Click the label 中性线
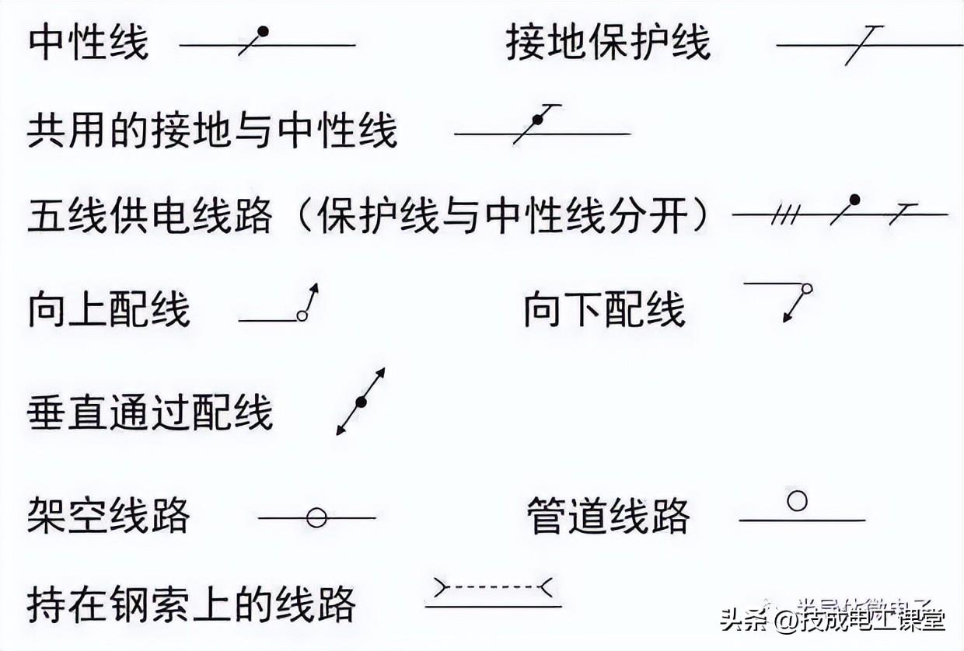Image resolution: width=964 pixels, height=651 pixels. point(87,43)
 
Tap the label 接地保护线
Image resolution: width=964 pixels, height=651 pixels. point(608,43)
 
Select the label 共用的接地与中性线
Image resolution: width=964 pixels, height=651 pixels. point(212,130)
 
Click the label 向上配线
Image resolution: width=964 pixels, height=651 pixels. point(109,308)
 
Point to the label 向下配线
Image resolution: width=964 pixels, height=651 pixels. point(604,308)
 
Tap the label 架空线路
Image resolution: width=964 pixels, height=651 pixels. point(109,514)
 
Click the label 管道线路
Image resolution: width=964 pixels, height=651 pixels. point(608,514)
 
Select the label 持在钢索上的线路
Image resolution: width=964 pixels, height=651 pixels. point(191,604)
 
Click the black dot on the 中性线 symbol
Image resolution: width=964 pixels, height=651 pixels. point(264,32)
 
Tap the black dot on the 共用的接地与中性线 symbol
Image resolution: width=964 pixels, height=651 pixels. point(536,119)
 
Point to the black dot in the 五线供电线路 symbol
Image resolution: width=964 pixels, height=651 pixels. point(854,200)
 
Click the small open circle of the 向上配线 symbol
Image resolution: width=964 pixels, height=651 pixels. point(302,315)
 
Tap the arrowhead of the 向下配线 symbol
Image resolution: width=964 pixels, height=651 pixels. point(787,316)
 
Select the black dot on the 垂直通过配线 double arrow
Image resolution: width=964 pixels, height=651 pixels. point(361,402)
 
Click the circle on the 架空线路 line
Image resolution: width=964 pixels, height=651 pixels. point(316,517)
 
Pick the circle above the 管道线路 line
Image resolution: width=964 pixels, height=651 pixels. point(797,501)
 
